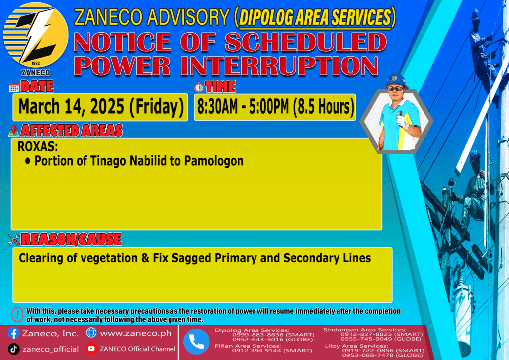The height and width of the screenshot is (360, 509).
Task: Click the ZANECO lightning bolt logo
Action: [36, 35]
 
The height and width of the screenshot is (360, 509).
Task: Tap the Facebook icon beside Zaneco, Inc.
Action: [13, 333]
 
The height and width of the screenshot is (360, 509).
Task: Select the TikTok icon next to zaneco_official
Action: [13, 349]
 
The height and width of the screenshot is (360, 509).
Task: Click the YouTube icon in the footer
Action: [91, 349]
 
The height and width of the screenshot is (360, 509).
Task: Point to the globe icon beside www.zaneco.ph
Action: [91, 333]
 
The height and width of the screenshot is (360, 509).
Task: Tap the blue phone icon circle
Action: [196, 342]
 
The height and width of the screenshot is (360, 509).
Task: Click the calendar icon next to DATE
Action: [14, 88]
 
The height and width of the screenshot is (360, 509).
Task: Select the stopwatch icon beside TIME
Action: [199, 88]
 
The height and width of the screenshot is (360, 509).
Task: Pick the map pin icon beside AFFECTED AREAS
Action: [13, 131]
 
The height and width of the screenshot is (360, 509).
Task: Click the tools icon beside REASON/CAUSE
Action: [13, 240]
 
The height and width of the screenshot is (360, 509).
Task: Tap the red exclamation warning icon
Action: [17, 314]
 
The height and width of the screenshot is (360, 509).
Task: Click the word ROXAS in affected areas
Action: [38, 147]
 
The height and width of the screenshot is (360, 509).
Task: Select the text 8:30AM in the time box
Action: [218, 107]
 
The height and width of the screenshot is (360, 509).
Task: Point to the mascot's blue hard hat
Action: [396, 80]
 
